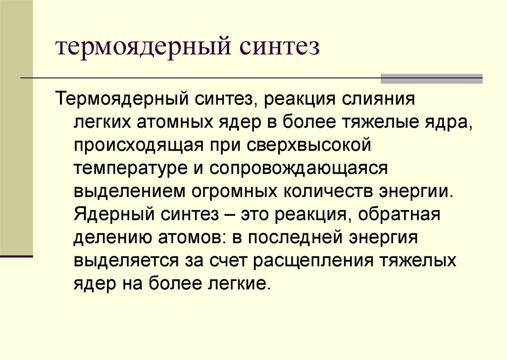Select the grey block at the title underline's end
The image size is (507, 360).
click(x=431, y=78)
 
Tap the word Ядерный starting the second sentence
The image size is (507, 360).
click(x=113, y=214)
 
